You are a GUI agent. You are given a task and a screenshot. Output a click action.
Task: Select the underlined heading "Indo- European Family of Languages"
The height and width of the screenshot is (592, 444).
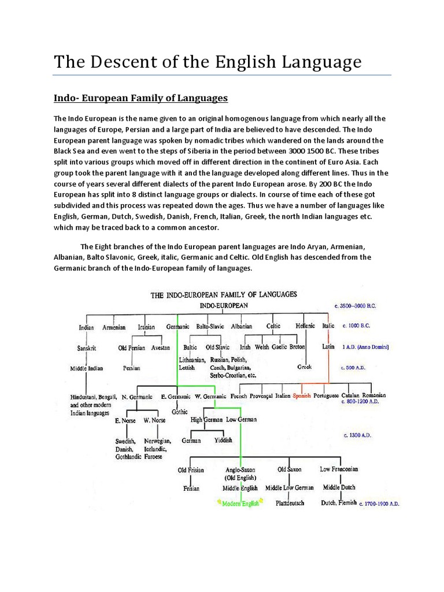pos(140,98)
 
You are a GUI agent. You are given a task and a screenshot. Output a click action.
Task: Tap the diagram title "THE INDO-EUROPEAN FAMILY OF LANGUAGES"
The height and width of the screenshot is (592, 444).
pos(224,294)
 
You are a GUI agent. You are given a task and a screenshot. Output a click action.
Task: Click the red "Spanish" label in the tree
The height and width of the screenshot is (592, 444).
pos(301,396)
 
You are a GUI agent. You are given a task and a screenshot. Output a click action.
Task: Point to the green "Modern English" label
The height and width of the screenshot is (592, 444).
pos(240,504)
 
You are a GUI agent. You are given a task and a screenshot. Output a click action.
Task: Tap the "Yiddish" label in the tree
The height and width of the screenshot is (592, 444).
pos(223,440)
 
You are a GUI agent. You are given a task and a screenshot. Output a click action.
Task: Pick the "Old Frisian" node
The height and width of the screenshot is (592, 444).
pos(191,470)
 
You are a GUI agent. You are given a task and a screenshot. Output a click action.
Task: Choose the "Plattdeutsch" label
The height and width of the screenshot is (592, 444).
pos(290,503)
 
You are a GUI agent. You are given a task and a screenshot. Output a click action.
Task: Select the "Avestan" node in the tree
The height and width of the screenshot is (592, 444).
pos(160,347)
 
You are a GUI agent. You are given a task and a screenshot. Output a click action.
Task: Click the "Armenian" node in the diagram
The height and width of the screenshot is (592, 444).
pos(114,327)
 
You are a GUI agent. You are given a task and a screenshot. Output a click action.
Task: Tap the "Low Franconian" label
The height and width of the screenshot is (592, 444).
pos(339,469)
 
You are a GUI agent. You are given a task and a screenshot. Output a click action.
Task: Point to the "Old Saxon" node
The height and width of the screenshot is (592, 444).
pos(290,469)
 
